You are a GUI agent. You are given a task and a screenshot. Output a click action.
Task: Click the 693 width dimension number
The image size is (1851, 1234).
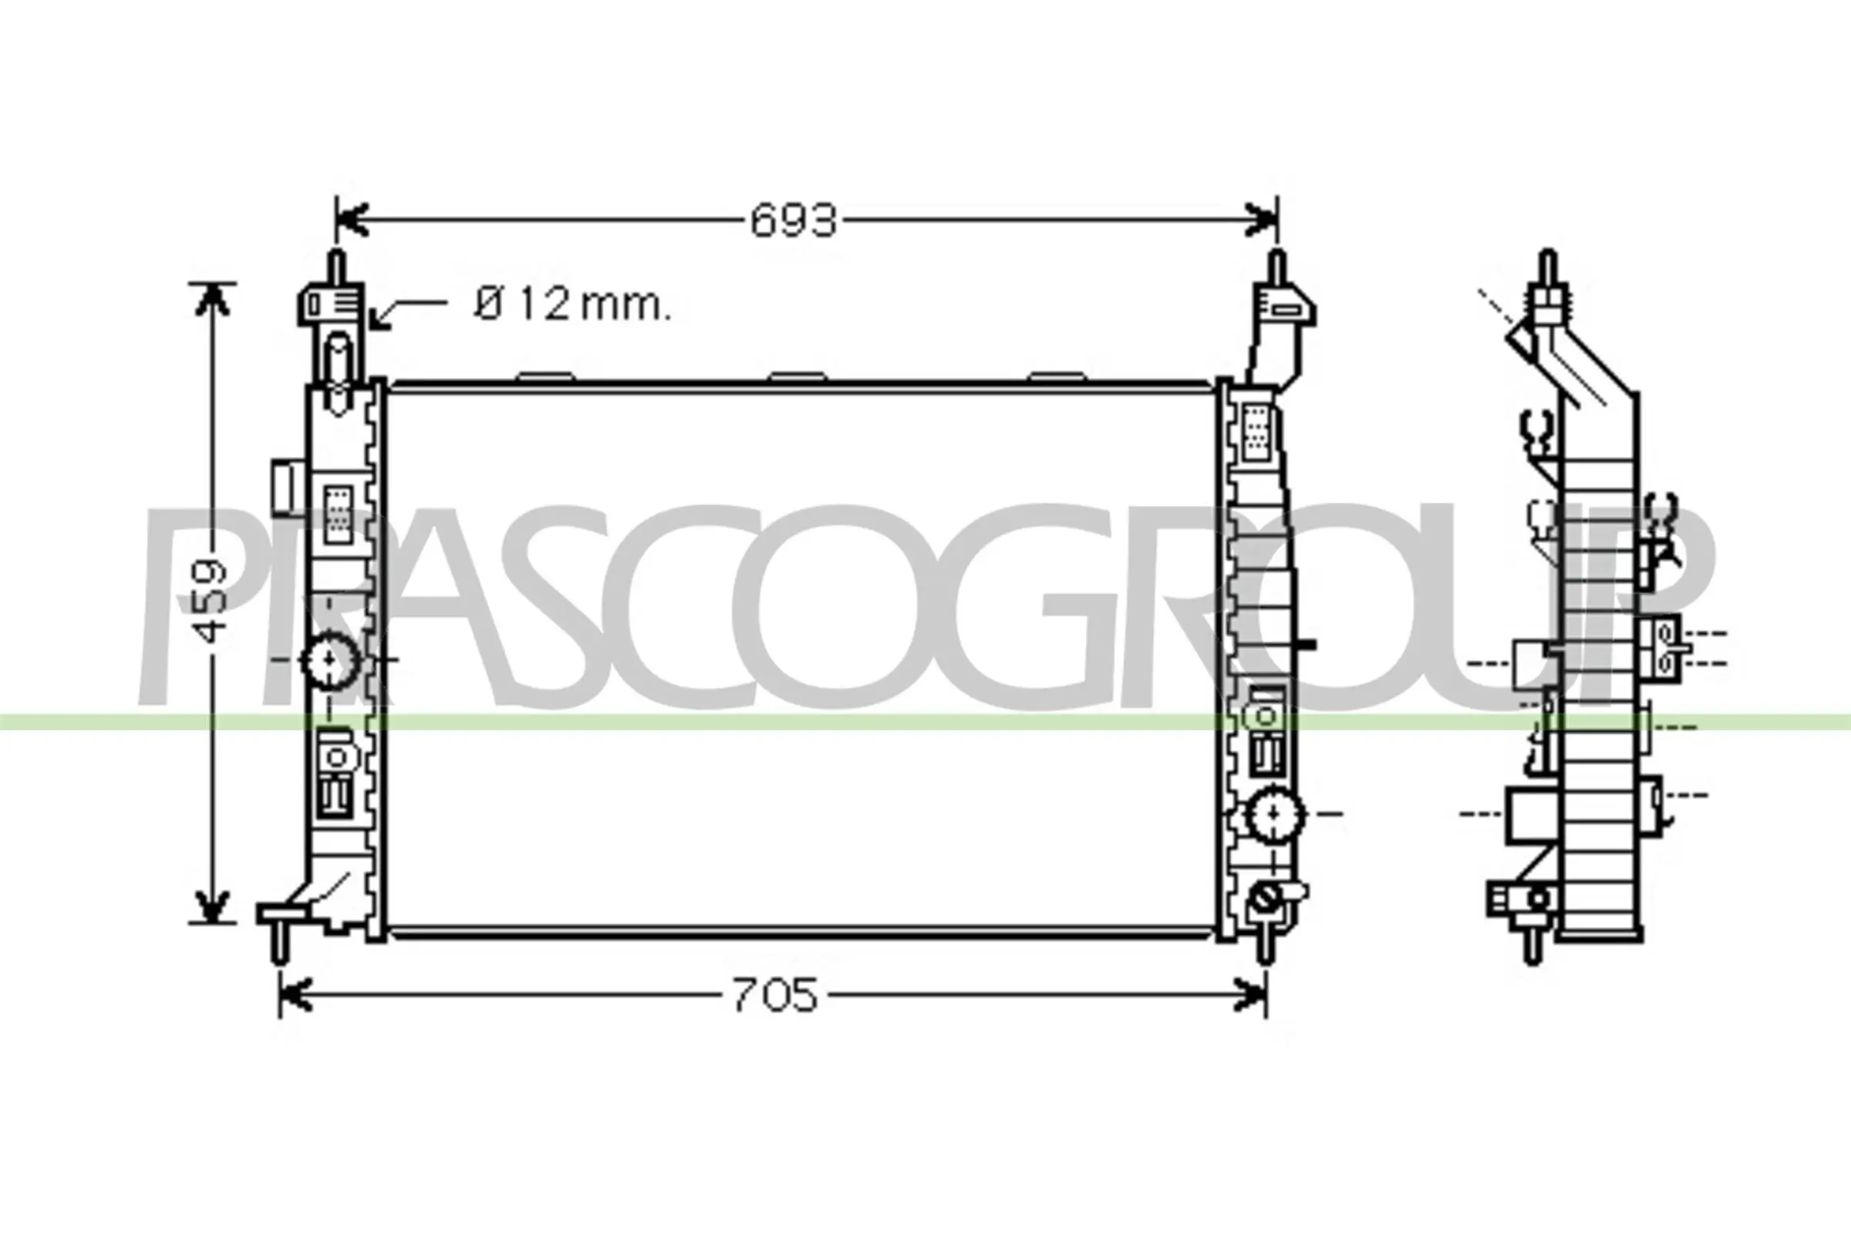(793, 221)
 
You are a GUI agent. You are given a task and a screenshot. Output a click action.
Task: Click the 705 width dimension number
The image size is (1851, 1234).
(774, 996)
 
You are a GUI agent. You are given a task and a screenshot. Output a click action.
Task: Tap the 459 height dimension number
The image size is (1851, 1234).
(210, 601)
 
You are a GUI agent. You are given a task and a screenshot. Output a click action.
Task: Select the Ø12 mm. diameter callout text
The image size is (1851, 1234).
(573, 305)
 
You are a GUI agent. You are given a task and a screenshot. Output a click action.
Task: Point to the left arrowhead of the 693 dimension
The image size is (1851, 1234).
(351, 221)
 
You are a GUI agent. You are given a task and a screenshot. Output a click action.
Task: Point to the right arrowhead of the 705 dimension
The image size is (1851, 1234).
(1251, 996)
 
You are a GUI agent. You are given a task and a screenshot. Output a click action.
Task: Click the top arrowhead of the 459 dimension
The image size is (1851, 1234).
(211, 299)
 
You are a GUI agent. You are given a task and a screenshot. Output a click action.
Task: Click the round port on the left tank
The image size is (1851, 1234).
(330, 660)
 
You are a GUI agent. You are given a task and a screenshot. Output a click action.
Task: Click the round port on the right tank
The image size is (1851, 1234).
(1275, 813)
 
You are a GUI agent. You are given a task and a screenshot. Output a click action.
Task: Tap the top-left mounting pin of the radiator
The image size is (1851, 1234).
(336, 268)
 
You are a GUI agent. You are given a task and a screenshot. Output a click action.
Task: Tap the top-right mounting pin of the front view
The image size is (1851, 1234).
(1277, 268)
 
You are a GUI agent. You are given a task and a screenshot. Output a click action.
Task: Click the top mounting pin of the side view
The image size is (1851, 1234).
(1547, 268)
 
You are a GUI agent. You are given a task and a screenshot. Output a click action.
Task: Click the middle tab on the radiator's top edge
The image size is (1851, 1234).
(798, 376)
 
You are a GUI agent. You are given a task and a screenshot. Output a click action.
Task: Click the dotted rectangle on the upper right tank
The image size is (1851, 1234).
(1257, 432)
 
